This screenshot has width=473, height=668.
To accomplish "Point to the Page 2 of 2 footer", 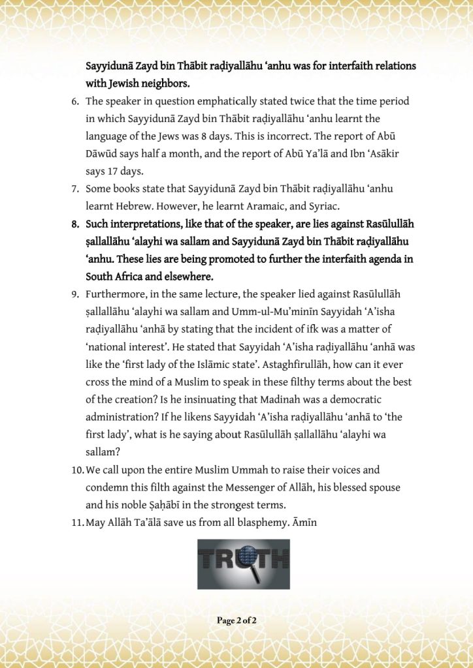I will (236, 620).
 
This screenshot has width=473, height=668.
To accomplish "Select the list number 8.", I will (75, 224).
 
